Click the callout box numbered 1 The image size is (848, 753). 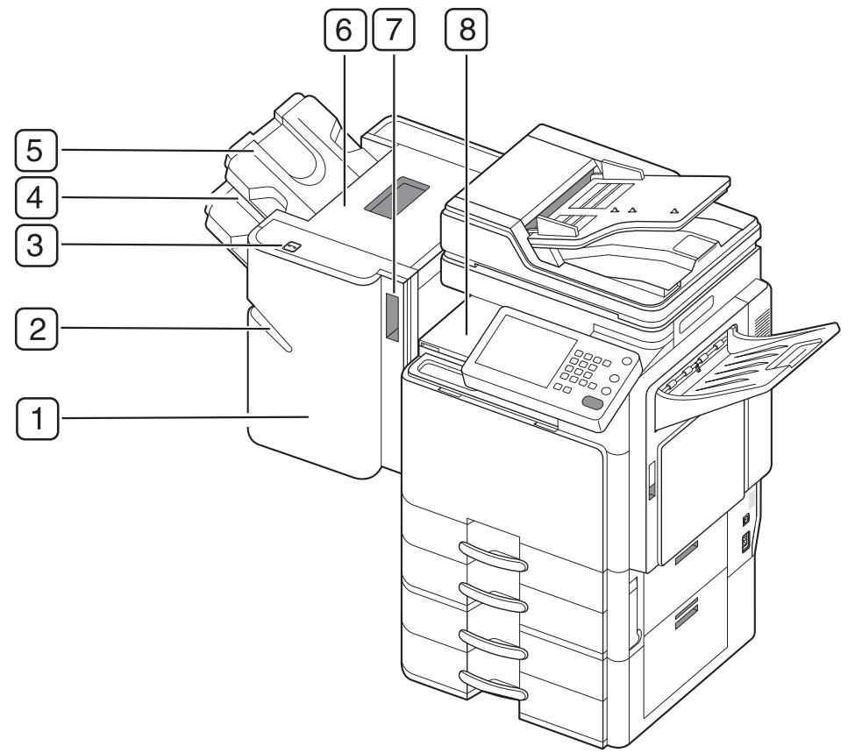point(36,417)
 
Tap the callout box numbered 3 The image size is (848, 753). point(36,246)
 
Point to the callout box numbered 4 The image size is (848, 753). point(36,198)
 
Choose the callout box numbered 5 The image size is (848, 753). point(36,150)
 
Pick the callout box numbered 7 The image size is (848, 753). point(393,32)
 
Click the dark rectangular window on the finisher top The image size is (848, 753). point(400,194)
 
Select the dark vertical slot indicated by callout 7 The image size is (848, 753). point(391,316)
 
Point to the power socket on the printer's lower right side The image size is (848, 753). point(746,542)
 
